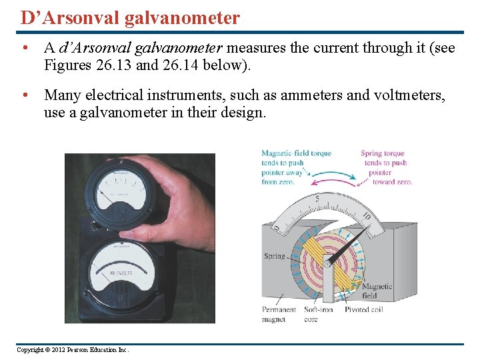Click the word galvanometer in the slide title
click(x=182, y=17)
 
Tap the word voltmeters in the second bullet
click(x=403, y=96)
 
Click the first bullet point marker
click(x=25, y=49)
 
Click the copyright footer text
click(x=73, y=349)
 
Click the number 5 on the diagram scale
click(x=317, y=199)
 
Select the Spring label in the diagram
click(x=274, y=256)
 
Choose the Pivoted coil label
click(x=365, y=309)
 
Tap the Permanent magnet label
click(x=279, y=314)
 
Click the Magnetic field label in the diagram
click(x=377, y=291)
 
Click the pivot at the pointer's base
click(x=327, y=264)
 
